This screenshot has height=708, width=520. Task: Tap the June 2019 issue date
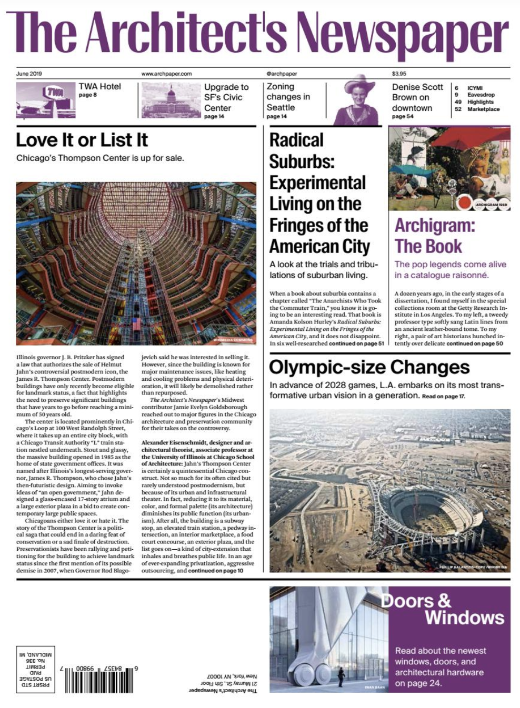[x=29, y=74]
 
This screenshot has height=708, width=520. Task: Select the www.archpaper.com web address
[x=166, y=74]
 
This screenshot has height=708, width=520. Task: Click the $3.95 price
[x=399, y=74]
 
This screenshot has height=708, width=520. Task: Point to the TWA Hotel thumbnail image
[x=45, y=100]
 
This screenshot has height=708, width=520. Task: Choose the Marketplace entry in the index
[x=483, y=109]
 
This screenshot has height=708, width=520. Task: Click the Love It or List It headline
[x=82, y=140]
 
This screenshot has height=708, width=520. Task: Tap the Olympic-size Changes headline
[x=369, y=367]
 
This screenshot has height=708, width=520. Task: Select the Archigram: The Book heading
[x=435, y=236]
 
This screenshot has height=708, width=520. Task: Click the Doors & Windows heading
[x=442, y=609]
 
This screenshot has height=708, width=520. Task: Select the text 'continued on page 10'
[x=216, y=570]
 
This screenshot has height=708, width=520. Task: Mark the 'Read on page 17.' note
[x=443, y=396]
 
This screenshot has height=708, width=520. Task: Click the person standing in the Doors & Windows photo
[x=342, y=676]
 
